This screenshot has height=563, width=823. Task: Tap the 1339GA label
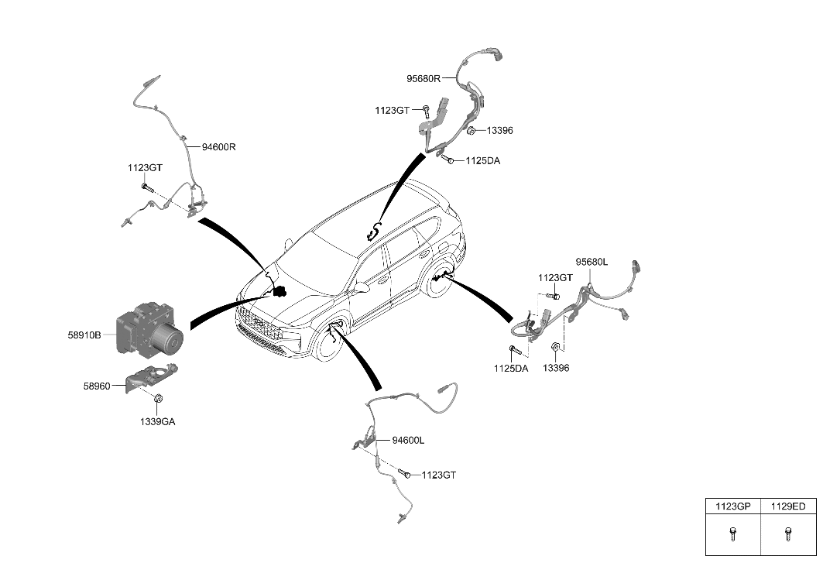(x=157, y=422)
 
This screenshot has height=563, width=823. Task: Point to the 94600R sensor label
(x=219, y=146)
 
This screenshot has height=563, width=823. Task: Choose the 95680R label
(x=424, y=78)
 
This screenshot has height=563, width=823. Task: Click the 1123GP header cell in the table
(x=732, y=506)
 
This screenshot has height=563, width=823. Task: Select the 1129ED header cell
(x=788, y=506)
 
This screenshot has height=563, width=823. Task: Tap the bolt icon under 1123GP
(x=732, y=533)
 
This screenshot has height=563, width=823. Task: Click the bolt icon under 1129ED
(x=788, y=533)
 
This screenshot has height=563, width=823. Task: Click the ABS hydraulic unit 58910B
(x=149, y=331)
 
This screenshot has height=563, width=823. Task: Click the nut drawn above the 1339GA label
(x=157, y=399)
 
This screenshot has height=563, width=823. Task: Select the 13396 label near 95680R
(x=499, y=131)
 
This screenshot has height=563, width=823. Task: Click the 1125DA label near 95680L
(x=510, y=369)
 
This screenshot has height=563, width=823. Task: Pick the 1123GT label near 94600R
(x=146, y=167)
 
